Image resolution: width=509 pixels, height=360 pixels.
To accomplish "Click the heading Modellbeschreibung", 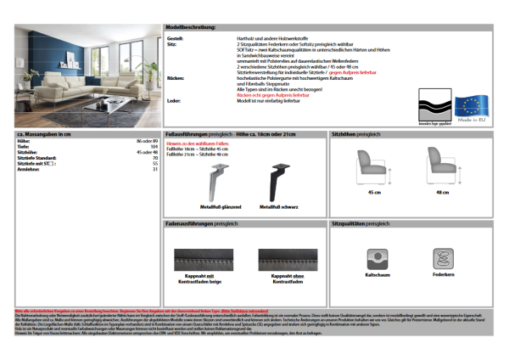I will [x=192, y=28].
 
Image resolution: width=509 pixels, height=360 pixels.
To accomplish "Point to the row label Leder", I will [x=174, y=100].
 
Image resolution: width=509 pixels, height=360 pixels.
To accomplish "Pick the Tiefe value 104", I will [x=154, y=147].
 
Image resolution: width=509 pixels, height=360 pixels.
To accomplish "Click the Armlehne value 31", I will [x=155, y=169].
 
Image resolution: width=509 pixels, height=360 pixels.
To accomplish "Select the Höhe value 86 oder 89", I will [x=148, y=141].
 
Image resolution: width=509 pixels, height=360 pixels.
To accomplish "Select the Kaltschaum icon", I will [x=377, y=258].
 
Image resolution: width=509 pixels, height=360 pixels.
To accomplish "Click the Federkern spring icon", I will [x=443, y=258].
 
